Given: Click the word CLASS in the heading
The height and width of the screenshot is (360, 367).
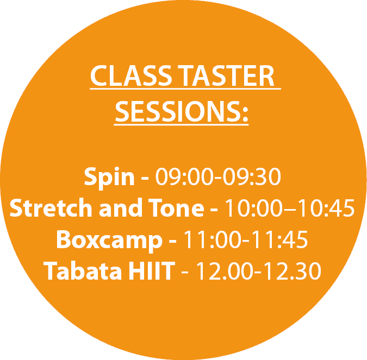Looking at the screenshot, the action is pos(131,75).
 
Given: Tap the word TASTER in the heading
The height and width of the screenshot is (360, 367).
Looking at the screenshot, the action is pos(226,75).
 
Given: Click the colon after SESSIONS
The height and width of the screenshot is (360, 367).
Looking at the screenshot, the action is pos(245,115).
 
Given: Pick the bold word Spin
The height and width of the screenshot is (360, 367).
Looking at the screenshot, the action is pos(109,177).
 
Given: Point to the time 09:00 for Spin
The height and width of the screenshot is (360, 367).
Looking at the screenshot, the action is pos(185,176).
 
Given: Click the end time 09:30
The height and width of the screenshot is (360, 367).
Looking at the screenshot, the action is pos(252,176).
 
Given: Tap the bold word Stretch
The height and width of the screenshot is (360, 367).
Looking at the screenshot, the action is pos(51,207).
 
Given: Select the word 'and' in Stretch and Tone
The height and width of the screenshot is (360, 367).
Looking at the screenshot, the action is pos(121,207).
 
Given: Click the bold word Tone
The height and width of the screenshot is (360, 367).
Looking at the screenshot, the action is pos(176,207).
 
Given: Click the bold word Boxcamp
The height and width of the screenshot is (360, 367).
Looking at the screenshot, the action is pos(109,240).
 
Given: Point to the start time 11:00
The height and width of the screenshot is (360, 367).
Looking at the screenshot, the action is pos(212,239).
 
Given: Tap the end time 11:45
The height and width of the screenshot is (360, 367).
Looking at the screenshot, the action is pos(279,239).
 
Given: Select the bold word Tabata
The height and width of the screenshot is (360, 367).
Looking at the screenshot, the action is pos(83,270).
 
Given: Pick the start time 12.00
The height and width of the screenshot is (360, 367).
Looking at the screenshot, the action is pos(225,271).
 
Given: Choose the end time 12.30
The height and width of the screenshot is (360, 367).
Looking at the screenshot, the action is pos(293,271).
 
